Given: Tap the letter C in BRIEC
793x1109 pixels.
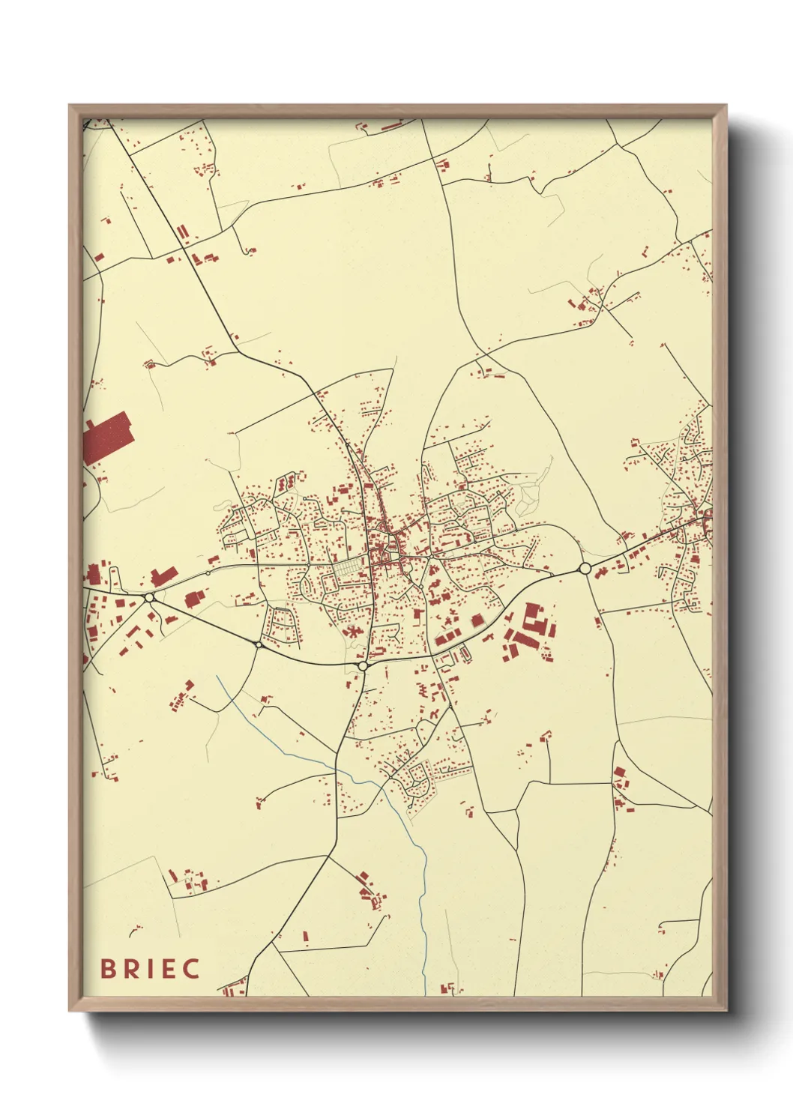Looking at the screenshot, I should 190,968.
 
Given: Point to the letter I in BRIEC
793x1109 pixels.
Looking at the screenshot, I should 149,968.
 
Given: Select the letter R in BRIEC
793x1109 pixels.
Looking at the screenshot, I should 130,968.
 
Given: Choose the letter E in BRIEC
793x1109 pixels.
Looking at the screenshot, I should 168,968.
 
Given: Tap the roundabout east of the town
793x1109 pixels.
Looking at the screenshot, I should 585,569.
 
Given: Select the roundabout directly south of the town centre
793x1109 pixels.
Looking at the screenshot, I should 363,665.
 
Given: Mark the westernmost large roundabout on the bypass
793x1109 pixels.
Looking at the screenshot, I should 150,597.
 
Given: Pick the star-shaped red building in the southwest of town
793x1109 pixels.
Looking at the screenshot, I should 349,632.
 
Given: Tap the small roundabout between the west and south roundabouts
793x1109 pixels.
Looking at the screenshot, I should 258,644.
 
